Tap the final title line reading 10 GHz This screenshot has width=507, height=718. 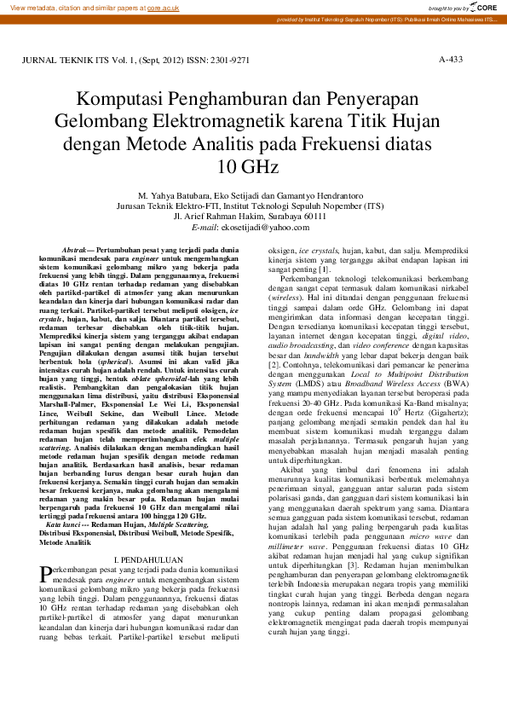point(253,165)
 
